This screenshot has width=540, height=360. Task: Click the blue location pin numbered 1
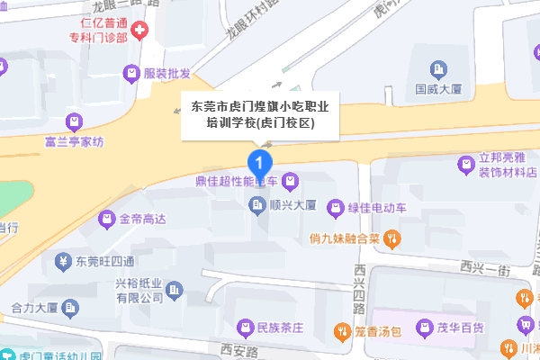(259, 163)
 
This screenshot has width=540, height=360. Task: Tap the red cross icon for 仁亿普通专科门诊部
(140, 32)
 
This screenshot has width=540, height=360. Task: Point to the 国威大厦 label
(438, 90)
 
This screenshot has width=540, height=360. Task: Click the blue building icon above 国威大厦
(437, 68)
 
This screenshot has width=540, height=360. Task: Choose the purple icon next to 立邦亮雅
(466, 164)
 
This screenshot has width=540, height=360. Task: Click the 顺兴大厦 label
(292, 206)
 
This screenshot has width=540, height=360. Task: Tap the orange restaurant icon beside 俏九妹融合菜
(391, 238)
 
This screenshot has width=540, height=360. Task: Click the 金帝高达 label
(143, 219)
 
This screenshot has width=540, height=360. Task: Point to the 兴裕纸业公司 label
(138, 289)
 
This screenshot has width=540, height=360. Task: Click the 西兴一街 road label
(483, 266)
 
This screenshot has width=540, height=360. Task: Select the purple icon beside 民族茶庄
(242, 326)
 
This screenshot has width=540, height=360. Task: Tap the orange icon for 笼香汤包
(341, 329)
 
